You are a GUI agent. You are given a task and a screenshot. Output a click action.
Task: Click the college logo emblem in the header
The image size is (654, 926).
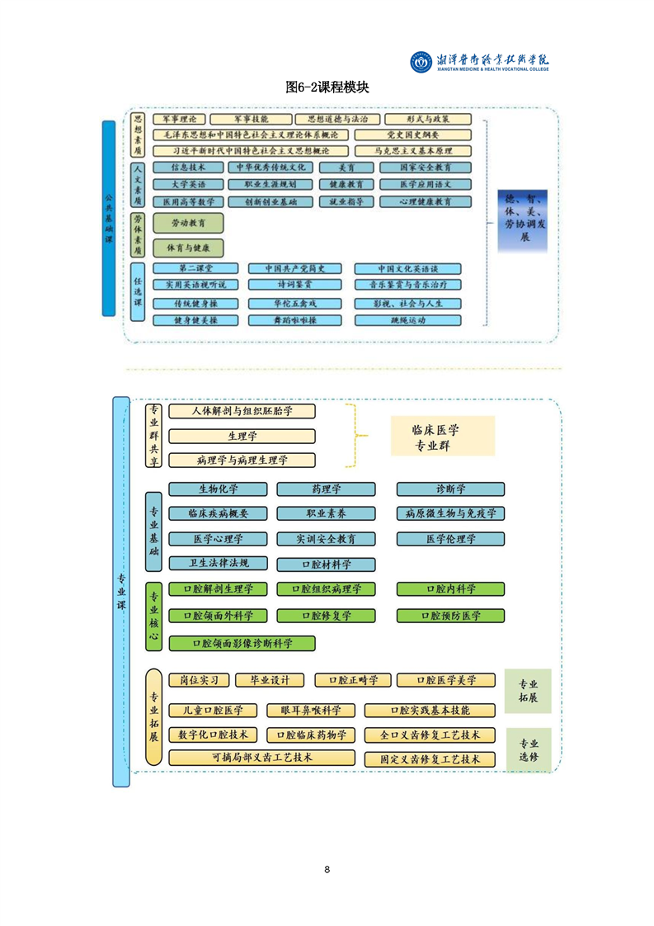[421, 61]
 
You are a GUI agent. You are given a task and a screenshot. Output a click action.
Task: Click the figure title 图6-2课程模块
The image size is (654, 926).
[327, 87]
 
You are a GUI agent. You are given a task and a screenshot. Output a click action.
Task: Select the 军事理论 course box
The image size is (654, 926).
[179, 120]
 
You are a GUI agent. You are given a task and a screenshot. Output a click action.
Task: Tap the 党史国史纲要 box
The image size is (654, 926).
[412, 135]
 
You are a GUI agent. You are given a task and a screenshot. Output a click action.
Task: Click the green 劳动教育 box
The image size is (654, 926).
[188, 223]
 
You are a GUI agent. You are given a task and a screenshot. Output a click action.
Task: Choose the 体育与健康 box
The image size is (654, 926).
[188, 247]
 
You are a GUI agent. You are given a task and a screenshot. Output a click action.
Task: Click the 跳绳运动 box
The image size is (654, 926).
[407, 319]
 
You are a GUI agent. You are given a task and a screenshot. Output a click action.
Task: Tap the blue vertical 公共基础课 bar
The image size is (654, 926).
[109, 219]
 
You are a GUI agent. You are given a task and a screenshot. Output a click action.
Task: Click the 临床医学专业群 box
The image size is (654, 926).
[442, 437]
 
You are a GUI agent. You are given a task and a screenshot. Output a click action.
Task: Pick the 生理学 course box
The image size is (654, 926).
[242, 436]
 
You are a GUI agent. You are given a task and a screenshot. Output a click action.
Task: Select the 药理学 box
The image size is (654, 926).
[326, 489]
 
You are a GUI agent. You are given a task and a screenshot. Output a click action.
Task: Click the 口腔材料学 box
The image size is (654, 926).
[326, 565]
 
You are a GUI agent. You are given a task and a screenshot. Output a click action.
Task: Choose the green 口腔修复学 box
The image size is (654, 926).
[326, 615]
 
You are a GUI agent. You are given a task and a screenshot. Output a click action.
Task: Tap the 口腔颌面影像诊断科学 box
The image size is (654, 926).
[242, 642]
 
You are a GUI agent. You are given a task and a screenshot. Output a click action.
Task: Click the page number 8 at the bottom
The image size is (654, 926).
[327, 869]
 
